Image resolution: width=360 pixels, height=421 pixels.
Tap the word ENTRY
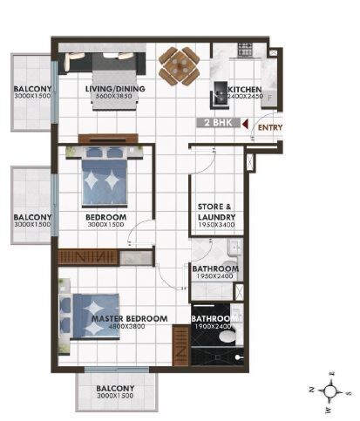tap(270, 128)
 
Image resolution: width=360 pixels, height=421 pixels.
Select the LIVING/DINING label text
tap(114, 89)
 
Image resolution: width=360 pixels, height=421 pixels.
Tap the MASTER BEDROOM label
tap(129, 319)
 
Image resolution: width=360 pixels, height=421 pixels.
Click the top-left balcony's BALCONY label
tap(32, 90)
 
